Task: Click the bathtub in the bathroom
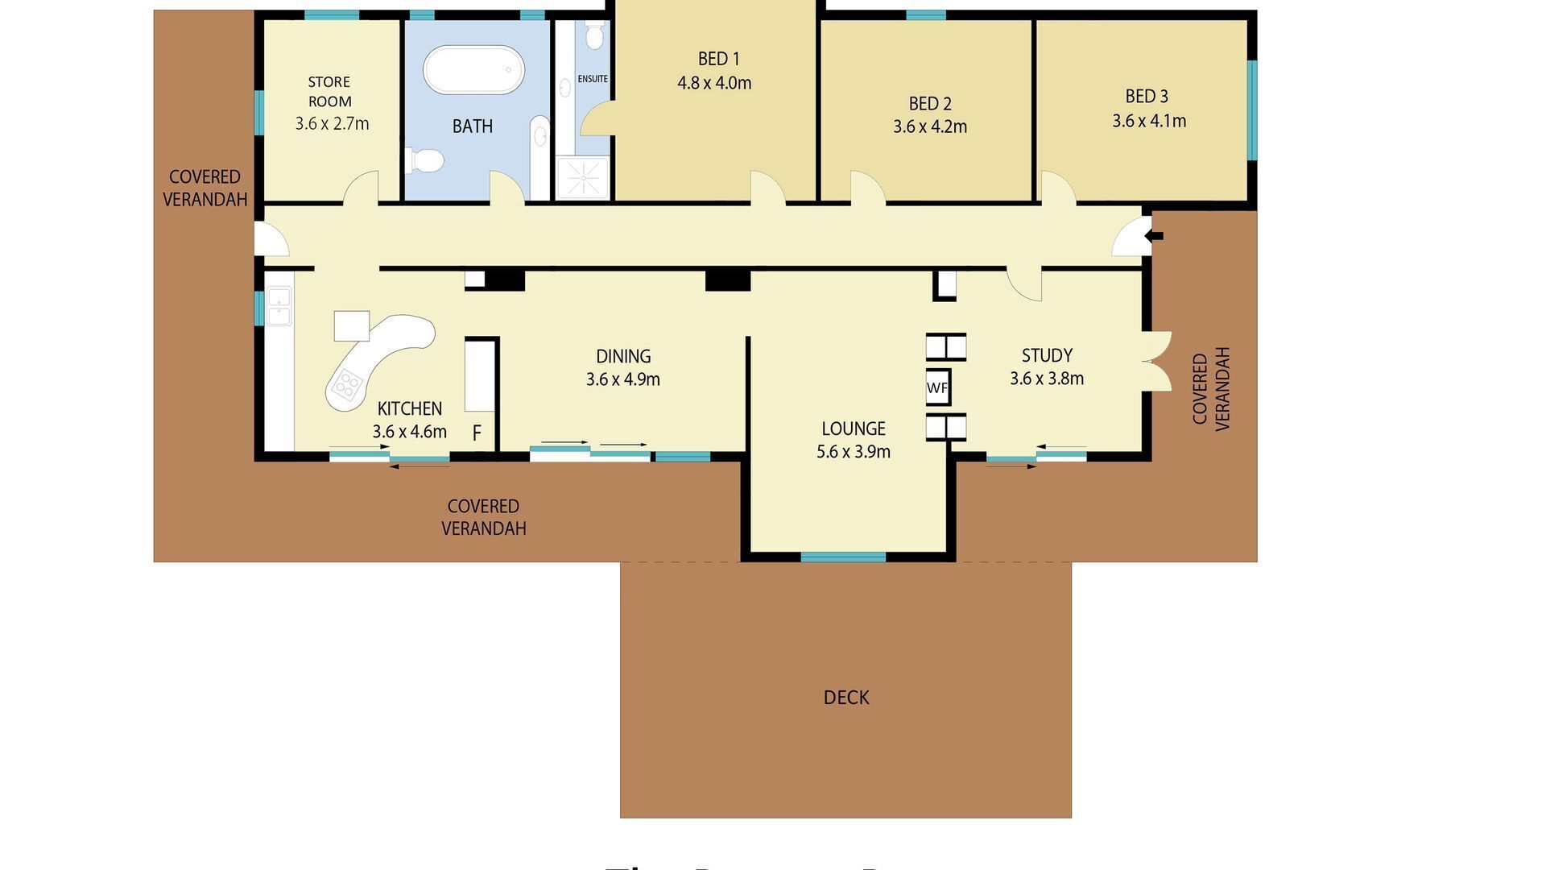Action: [x=473, y=70]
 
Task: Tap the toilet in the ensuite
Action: [x=595, y=35]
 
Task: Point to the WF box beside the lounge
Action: [x=937, y=387]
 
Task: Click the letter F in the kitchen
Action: [x=477, y=433]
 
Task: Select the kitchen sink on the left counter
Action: [x=279, y=307]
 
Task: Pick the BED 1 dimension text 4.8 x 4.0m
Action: [x=714, y=83]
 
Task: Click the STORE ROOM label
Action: [x=329, y=91]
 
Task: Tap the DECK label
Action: [x=846, y=698]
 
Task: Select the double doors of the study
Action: [x=1157, y=362]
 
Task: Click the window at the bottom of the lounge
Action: [x=843, y=557]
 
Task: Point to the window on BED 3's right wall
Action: [x=1251, y=110]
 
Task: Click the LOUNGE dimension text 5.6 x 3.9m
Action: [x=854, y=452]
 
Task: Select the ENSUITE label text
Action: [x=593, y=79]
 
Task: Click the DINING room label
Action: [x=623, y=356]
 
